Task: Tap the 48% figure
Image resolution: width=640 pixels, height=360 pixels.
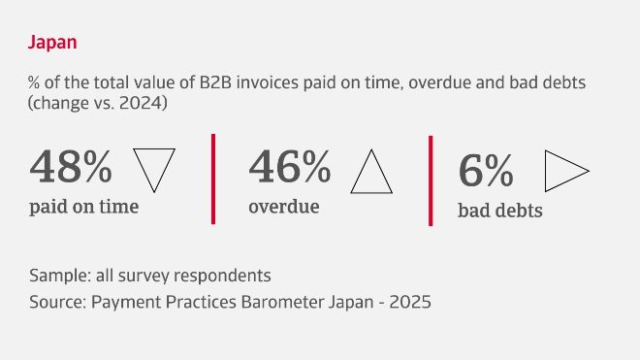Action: point(72,168)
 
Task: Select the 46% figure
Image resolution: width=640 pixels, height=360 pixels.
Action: point(290,168)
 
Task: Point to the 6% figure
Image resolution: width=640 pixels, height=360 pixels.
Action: point(486,172)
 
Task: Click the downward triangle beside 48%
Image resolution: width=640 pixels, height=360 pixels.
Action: point(152,168)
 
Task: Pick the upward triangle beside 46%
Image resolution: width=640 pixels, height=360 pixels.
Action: point(370,171)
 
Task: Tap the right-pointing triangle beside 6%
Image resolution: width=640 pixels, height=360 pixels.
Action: point(565,172)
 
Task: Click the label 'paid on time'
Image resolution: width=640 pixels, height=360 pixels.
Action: point(84,206)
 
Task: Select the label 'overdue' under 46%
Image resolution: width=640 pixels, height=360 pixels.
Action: point(284,206)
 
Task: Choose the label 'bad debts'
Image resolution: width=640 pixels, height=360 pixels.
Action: point(499,210)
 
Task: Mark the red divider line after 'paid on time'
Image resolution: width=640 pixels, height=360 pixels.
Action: point(212,179)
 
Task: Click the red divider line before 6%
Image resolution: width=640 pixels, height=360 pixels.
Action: point(431,180)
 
